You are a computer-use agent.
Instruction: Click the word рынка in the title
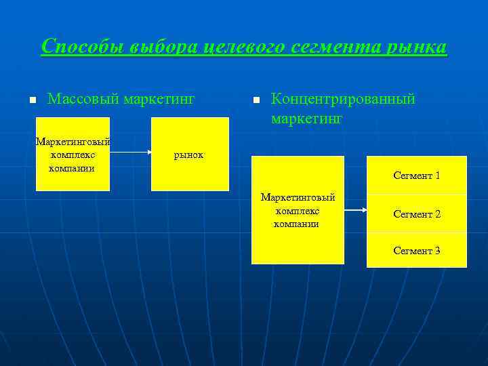coord(419,47)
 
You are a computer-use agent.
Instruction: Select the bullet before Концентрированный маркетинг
coord(256,101)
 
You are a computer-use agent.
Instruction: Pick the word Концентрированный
coord(343,100)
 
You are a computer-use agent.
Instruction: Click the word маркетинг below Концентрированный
coord(307,119)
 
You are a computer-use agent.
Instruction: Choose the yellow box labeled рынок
coord(190,154)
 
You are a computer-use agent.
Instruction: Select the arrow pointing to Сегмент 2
coord(355,211)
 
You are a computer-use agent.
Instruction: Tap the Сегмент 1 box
coord(417,175)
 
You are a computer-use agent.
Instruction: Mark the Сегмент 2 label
coord(417,214)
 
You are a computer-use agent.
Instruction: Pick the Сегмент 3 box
coord(417,251)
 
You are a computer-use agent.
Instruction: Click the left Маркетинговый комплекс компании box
coord(73,154)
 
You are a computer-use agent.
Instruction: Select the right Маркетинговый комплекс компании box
coord(298,210)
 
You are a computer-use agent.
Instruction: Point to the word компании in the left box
coord(72,167)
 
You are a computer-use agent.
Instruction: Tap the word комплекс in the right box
coord(297,211)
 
